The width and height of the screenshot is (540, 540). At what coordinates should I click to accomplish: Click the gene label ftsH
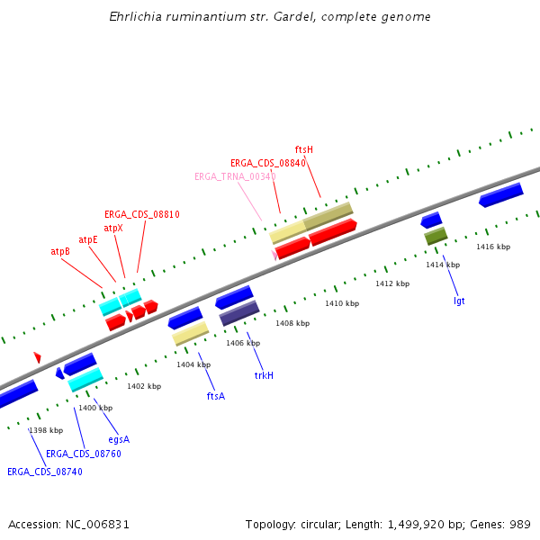(x=304, y=149)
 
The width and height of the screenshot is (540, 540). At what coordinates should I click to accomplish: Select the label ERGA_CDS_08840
(x=268, y=163)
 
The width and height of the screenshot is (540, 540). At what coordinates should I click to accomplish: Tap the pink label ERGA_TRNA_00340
(x=235, y=176)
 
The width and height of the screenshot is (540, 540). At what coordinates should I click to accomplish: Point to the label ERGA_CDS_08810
(x=142, y=215)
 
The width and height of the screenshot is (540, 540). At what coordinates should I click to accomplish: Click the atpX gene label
(x=113, y=229)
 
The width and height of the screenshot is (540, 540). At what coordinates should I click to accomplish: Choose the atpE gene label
(x=88, y=240)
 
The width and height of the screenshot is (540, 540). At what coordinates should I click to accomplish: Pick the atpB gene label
(x=60, y=252)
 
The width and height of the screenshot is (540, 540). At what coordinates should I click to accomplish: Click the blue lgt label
(x=459, y=301)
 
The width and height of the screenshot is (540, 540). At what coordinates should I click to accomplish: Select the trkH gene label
(x=264, y=375)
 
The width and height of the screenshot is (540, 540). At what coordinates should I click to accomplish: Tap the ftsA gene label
(x=216, y=396)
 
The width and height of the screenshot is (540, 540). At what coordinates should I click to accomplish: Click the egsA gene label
(x=119, y=439)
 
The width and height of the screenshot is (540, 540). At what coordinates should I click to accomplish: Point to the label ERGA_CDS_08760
(x=84, y=454)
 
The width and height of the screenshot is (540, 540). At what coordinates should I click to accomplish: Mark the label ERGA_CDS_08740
(x=45, y=472)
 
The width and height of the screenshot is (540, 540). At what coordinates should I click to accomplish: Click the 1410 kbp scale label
(x=342, y=304)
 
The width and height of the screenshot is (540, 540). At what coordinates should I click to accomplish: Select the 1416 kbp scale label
(x=493, y=247)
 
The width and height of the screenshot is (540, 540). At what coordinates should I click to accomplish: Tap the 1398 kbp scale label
(x=46, y=430)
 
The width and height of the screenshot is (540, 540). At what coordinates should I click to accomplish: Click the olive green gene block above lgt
(x=436, y=236)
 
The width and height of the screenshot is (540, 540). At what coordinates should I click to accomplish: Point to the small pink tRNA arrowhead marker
(x=274, y=255)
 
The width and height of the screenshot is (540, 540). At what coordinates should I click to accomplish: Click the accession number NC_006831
(x=96, y=524)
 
